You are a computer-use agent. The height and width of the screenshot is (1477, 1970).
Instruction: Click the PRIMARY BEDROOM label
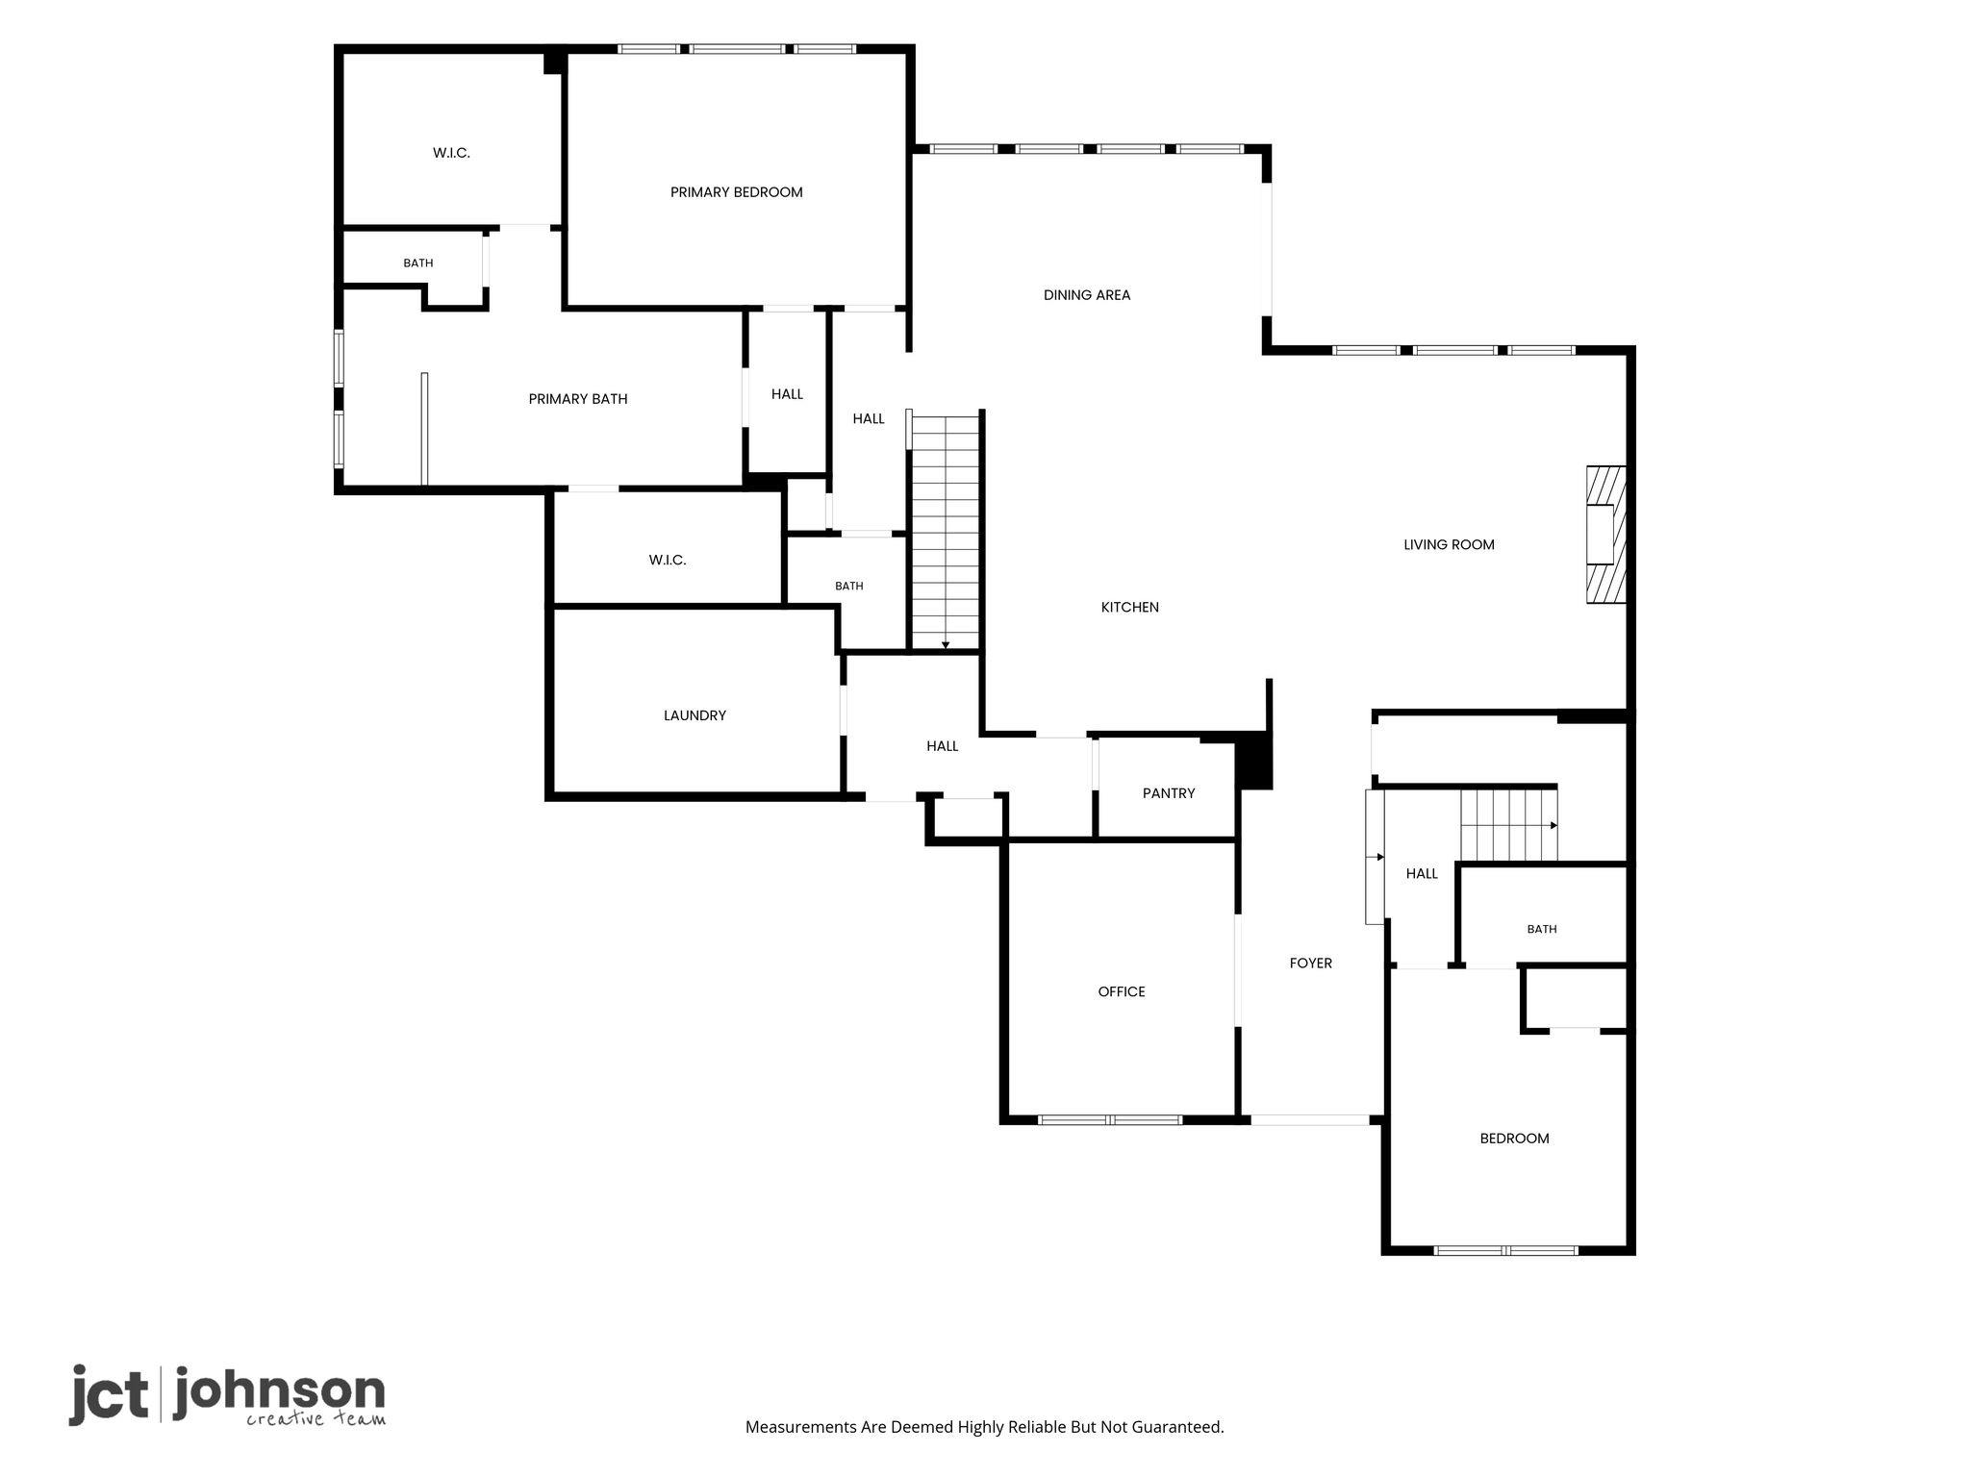(x=736, y=192)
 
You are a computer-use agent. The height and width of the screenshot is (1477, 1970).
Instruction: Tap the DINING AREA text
(x=1087, y=295)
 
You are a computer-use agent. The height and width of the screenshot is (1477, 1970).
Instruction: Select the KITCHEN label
(x=1129, y=607)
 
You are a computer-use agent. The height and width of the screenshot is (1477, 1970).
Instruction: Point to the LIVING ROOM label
(x=1449, y=544)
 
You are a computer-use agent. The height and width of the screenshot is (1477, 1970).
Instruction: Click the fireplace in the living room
(x=1605, y=535)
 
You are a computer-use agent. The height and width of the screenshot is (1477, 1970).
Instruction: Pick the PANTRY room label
(x=1169, y=793)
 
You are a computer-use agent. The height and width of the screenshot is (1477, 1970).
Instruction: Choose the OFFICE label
(x=1122, y=991)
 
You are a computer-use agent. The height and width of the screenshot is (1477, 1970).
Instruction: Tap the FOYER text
(x=1311, y=963)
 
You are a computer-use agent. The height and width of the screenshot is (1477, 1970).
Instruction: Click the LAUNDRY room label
(x=695, y=715)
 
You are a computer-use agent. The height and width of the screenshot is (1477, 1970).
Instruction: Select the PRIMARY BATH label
(x=578, y=399)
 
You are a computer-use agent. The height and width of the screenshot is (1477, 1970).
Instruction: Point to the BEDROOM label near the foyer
(x=1514, y=1139)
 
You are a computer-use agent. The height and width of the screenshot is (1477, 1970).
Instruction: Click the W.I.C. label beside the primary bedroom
(x=451, y=153)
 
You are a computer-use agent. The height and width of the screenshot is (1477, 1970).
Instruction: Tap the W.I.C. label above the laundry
(x=668, y=560)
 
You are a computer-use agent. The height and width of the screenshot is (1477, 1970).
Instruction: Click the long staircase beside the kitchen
(x=946, y=533)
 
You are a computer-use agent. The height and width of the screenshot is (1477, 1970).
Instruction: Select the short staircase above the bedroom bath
(x=1508, y=825)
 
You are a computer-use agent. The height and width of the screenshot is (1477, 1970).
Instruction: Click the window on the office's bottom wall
(x=1110, y=1119)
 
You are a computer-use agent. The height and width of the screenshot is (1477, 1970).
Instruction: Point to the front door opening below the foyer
(x=1309, y=1119)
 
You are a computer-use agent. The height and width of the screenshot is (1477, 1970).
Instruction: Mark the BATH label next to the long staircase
(x=849, y=586)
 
